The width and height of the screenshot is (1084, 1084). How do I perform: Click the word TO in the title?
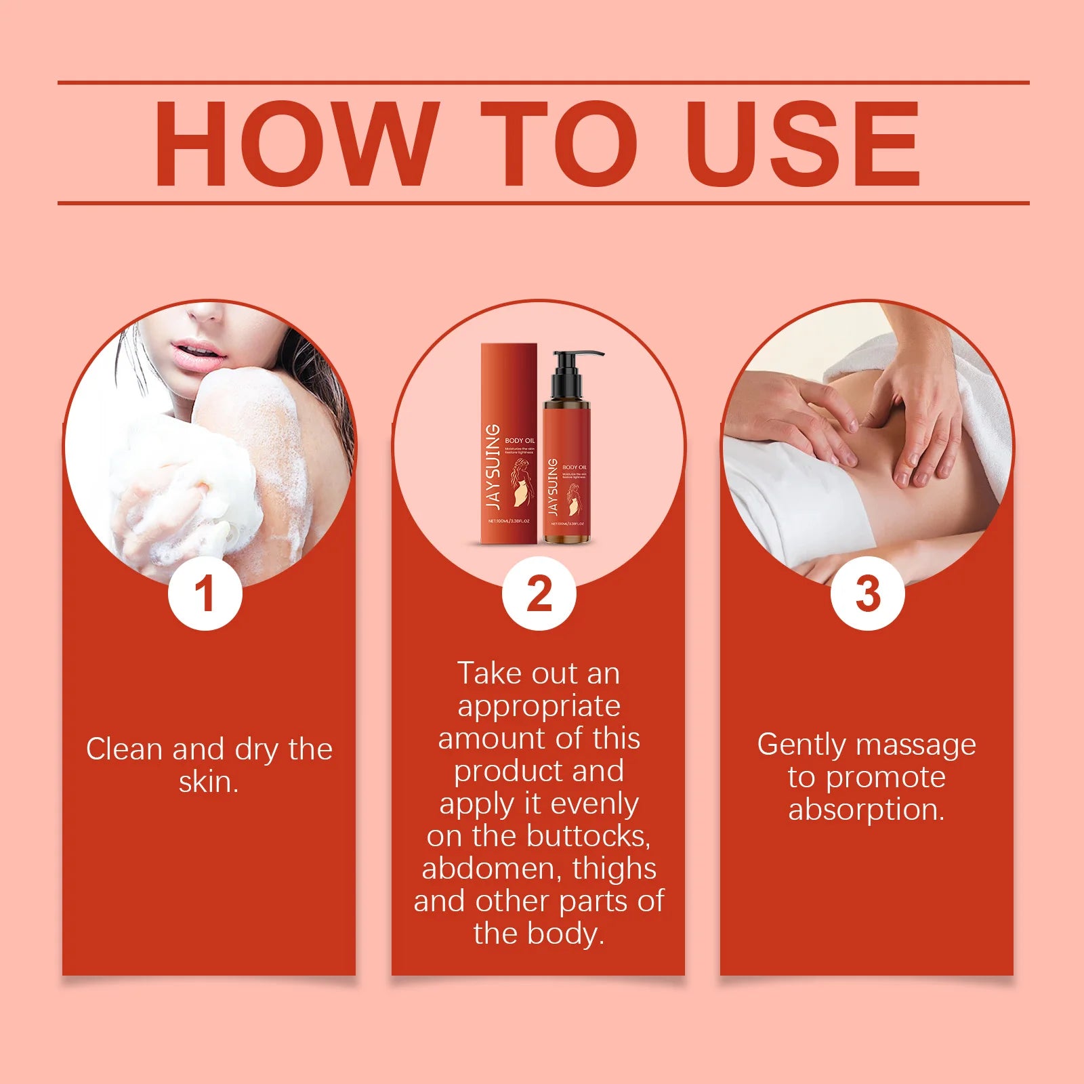(x=559, y=144)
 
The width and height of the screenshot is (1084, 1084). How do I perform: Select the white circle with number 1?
(x=205, y=594)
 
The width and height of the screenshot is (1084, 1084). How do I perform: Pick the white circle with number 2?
(x=539, y=594)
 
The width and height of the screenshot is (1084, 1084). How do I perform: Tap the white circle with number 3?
(x=868, y=594)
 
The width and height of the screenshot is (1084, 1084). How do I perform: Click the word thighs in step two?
(x=614, y=869)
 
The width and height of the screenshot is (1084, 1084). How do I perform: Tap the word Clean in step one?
(x=125, y=749)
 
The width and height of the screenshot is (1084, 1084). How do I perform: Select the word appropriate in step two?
(x=539, y=707)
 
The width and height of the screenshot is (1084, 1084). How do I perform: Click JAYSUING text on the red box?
(x=494, y=467)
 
